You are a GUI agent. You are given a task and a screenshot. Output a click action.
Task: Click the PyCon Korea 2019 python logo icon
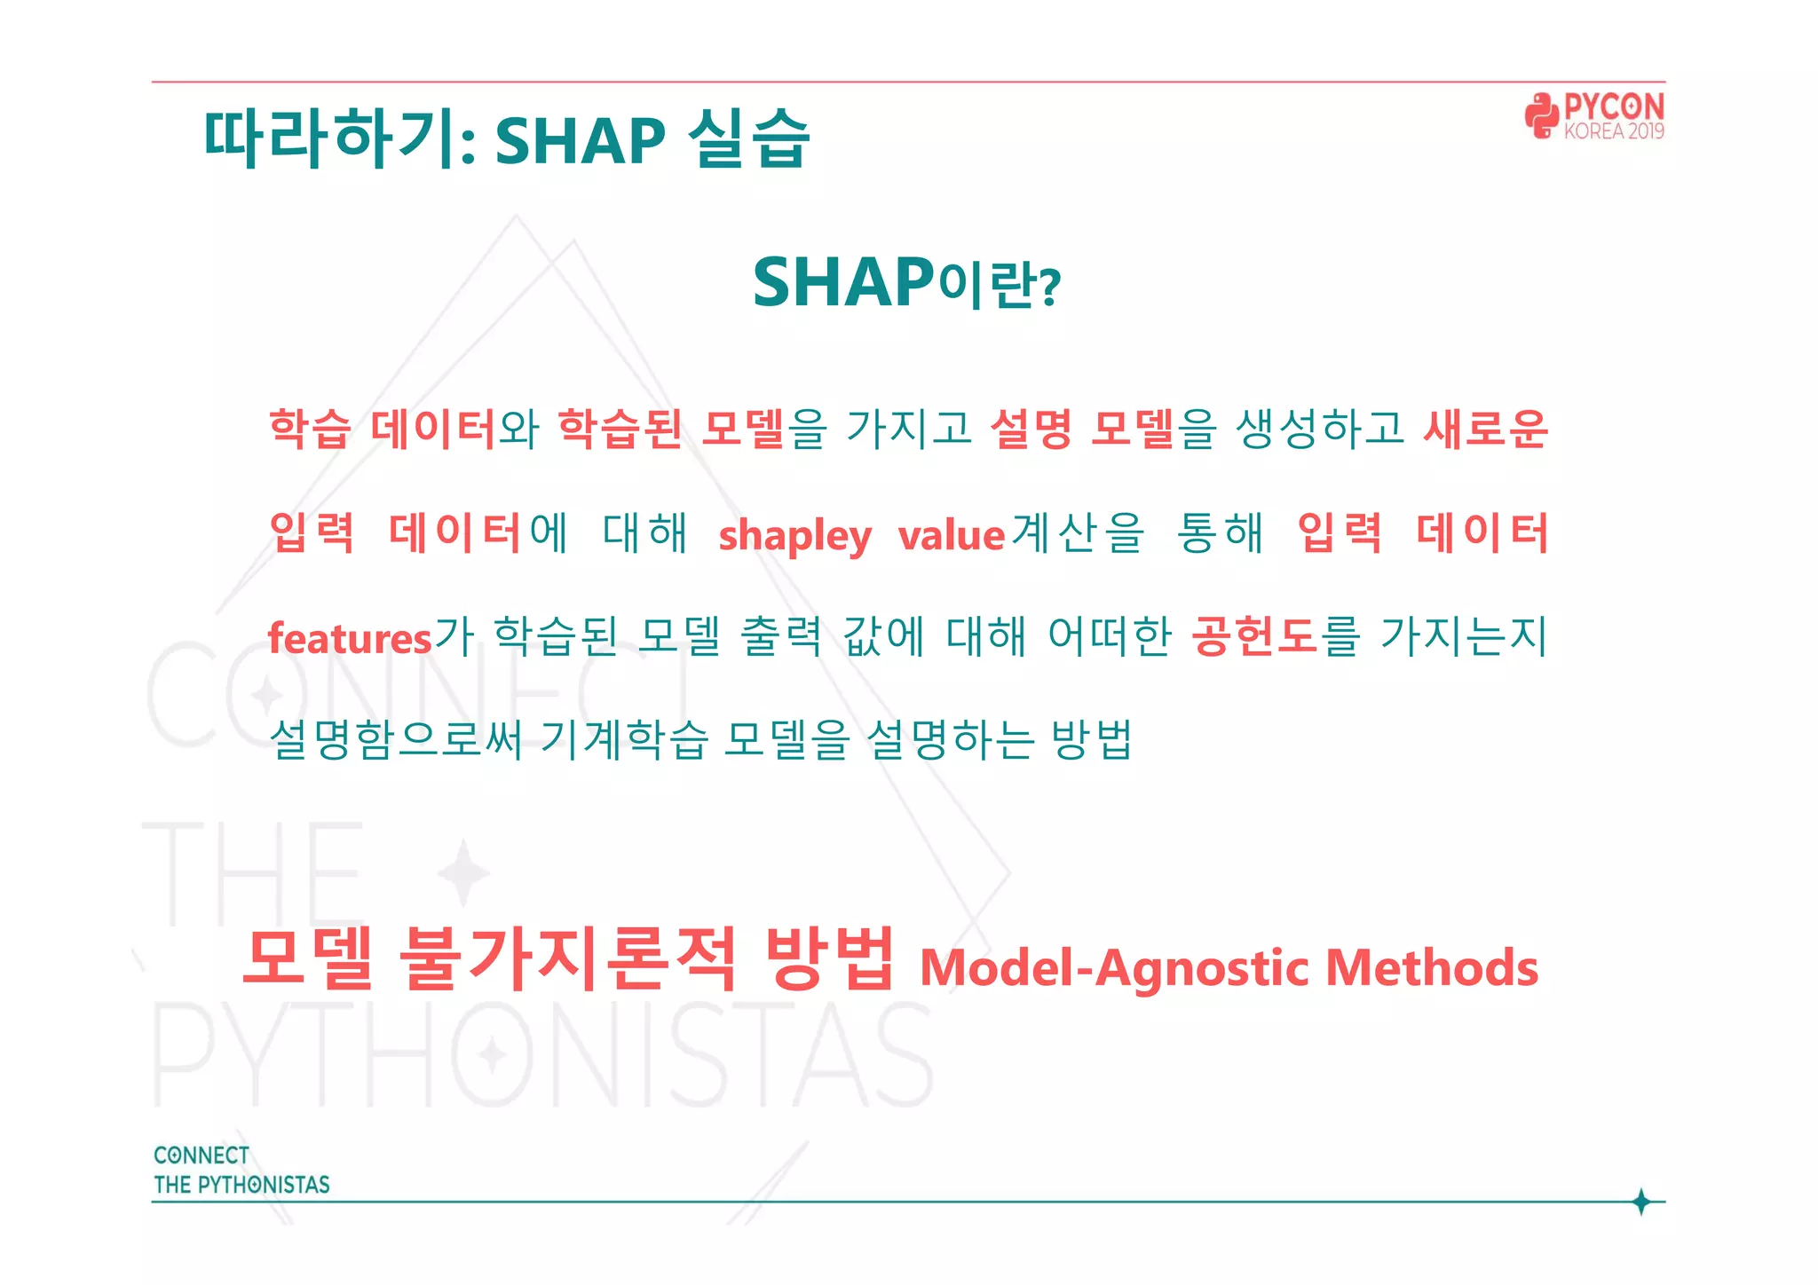pos(1542,116)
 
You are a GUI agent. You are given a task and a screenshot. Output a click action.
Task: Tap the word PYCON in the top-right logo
pos(1613,107)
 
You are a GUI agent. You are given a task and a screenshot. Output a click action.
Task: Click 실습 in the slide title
pos(748,140)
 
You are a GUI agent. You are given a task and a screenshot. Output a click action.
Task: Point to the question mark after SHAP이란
pos(1050,288)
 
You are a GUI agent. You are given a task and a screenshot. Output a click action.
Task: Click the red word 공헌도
pos(1254,636)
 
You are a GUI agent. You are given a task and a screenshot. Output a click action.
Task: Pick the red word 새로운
pos(1485,430)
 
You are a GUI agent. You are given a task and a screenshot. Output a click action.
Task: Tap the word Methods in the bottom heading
pos(1431,968)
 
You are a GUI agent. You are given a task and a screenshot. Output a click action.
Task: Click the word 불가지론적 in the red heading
pos(568,958)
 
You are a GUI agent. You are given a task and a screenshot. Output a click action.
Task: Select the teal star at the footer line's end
pos(1640,1202)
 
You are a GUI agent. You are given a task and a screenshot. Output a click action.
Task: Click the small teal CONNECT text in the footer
pos(202,1155)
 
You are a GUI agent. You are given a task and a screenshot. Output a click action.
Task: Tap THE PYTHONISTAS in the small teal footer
pos(241,1185)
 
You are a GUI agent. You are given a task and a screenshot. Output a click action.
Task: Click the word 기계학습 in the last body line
pos(624,739)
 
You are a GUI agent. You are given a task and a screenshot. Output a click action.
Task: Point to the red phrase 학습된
pos(620,430)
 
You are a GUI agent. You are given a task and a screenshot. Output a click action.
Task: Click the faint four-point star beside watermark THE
pos(462,872)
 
